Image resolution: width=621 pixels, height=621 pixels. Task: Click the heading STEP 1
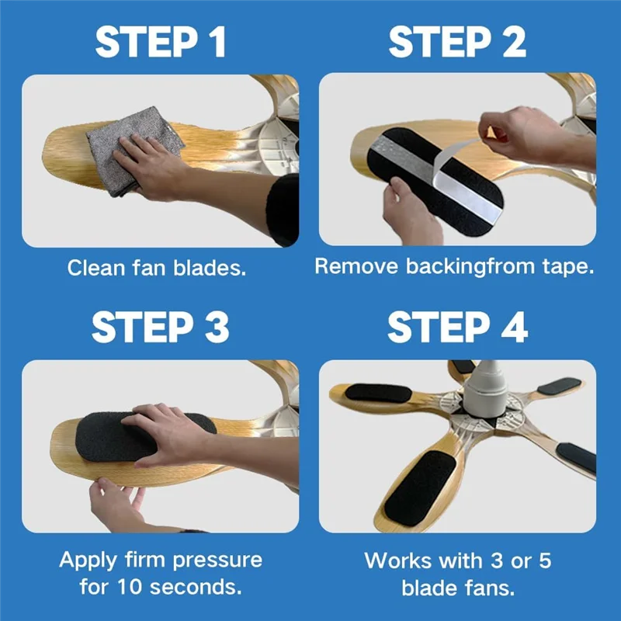pos(161,43)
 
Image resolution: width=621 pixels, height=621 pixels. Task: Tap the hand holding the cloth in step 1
pos(147,163)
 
